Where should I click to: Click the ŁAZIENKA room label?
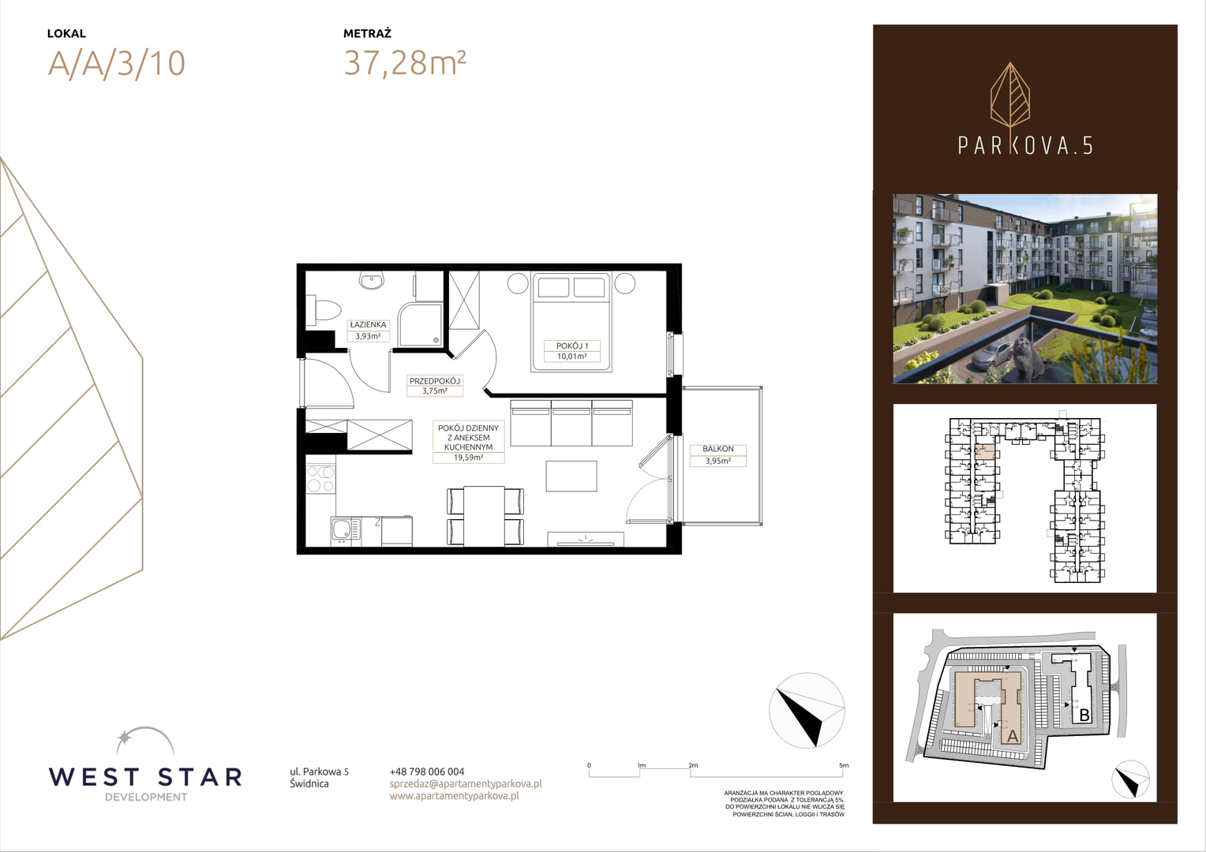(x=369, y=324)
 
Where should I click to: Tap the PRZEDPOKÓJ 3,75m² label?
(x=435, y=386)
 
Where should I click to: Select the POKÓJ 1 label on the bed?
(x=571, y=346)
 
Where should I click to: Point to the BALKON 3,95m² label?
(x=718, y=455)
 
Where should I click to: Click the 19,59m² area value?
(x=468, y=458)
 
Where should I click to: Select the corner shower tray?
(x=420, y=324)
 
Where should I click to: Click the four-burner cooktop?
(x=320, y=480)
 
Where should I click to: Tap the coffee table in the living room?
(x=571, y=476)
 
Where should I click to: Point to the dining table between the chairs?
(x=484, y=516)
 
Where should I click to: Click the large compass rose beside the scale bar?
(x=807, y=710)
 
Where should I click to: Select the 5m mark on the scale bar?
(x=843, y=765)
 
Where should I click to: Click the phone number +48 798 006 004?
(x=427, y=772)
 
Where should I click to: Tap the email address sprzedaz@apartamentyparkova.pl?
(x=466, y=783)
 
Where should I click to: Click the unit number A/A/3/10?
(x=117, y=64)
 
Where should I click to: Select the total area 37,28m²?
(x=405, y=62)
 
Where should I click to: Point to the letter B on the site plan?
(x=1084, y=716)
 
